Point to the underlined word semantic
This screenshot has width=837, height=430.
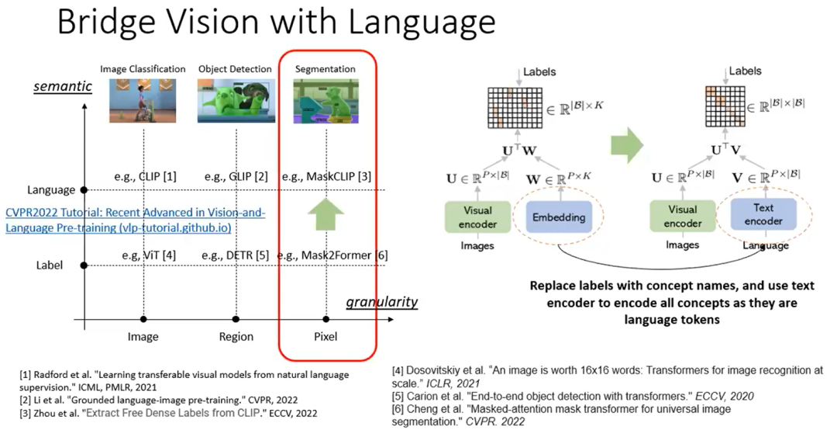coord(63,86)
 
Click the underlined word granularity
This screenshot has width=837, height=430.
coord(381,302)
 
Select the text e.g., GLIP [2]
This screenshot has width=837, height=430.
coord(236,176)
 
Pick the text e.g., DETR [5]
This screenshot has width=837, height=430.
coord(236,255)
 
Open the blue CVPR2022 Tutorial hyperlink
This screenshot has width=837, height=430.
coord(136,220)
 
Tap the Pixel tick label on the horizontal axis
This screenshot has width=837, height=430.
coord(325,337)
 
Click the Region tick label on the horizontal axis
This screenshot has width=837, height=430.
coord(236,337)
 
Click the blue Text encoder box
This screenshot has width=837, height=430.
coord(763,214)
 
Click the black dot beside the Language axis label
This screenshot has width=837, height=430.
coord(84,189)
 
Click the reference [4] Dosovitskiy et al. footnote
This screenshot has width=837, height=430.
coord(597,376)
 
